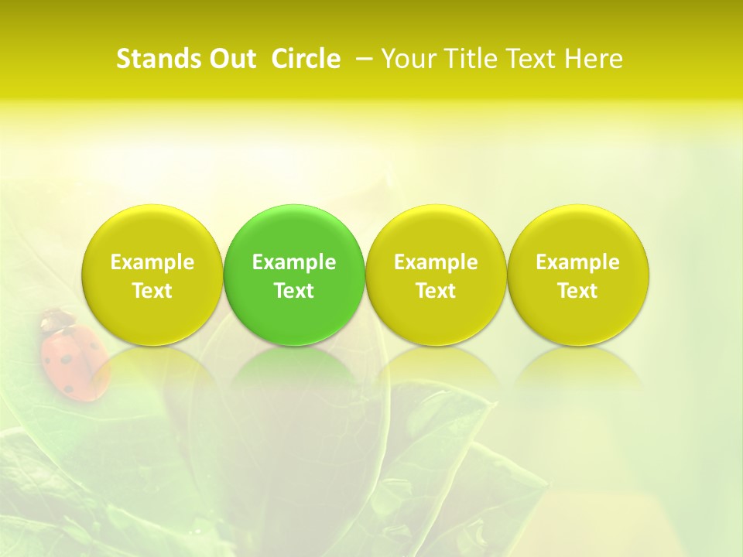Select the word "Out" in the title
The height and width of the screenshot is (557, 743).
230,59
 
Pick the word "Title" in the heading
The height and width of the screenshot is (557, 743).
465,59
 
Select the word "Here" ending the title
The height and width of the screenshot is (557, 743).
595,59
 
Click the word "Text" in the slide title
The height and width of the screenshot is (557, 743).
529,59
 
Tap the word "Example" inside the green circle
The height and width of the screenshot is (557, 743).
294,262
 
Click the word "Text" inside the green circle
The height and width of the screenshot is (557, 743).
294,291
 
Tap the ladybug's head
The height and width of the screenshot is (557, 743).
56,318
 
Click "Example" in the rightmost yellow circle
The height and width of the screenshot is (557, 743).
578,262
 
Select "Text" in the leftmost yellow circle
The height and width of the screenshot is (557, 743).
152,291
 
